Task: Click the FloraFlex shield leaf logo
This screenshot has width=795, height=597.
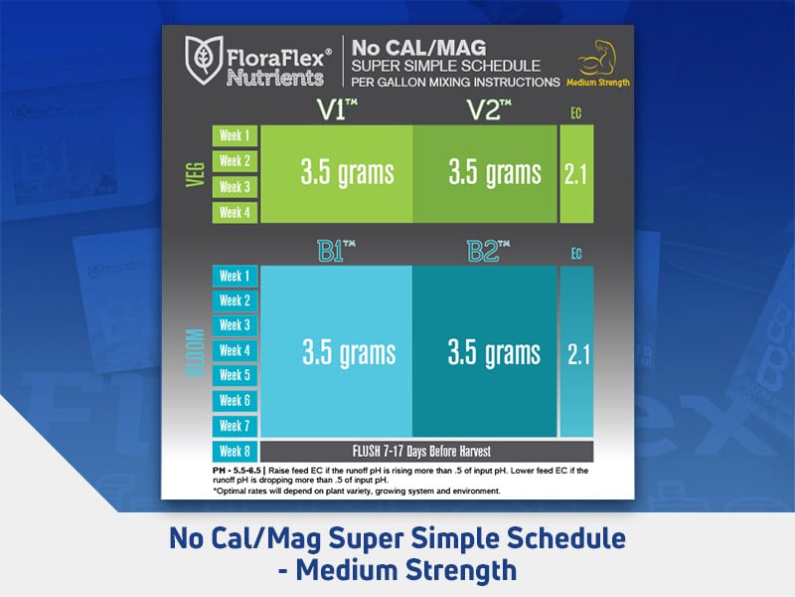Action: (x=203, y=61)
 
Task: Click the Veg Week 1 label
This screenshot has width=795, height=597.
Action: (x=235, y=135)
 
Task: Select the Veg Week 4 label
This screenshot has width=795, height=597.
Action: (x=235, y=212)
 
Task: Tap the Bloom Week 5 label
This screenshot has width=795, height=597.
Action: (x=235, y=375)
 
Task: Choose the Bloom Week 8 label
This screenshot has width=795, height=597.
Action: (x=235, y=450)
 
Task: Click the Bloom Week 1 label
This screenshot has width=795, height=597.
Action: (x=235, y=276)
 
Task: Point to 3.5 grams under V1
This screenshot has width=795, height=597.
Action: (x=347, y=173)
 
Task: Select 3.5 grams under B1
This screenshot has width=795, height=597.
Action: (x=348, y=352)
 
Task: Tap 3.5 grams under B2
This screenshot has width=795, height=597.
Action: (x=494, y=352)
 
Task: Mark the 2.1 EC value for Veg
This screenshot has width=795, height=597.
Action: (x=576, y=173)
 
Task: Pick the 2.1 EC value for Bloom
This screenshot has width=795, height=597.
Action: (x=576, y=352)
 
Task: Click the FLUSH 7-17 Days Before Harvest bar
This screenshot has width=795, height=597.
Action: (x=426, y=450)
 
